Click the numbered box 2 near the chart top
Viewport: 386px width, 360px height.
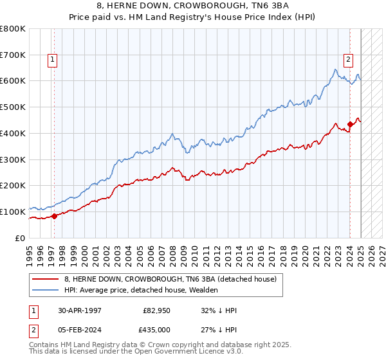pyautogui.click(x=348, y=60)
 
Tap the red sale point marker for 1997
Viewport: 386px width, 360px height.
pyautogui.click(x=54, y=216)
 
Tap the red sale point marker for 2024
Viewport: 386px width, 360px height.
pyautogui.click(x=350, y=124)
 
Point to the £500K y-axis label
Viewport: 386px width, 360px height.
pyautogui.click(x=13, y=107)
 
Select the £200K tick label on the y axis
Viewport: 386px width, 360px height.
pyautogui.click(x=13, y=186)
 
